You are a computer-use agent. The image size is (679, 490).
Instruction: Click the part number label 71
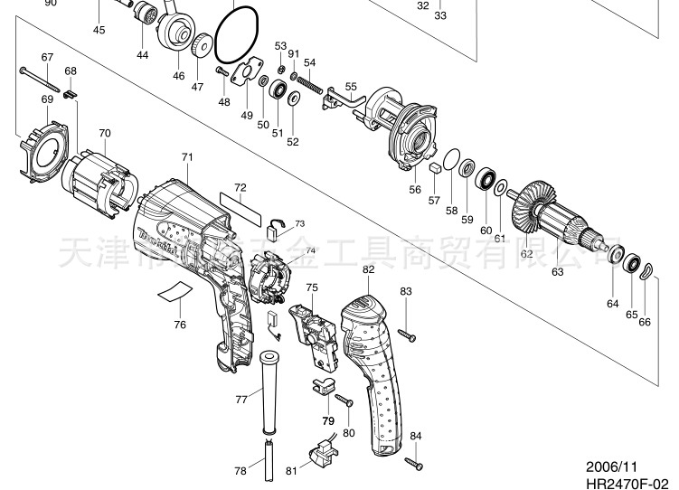click(187, 157)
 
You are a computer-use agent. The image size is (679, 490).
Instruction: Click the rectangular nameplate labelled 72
click(240, 207)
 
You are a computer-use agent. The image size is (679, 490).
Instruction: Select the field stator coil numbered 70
click(99, 183)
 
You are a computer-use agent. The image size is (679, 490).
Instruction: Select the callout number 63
click(557, 271)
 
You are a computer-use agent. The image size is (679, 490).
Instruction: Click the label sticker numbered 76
click(174, 291)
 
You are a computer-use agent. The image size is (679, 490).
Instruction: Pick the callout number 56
click(415, 190)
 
